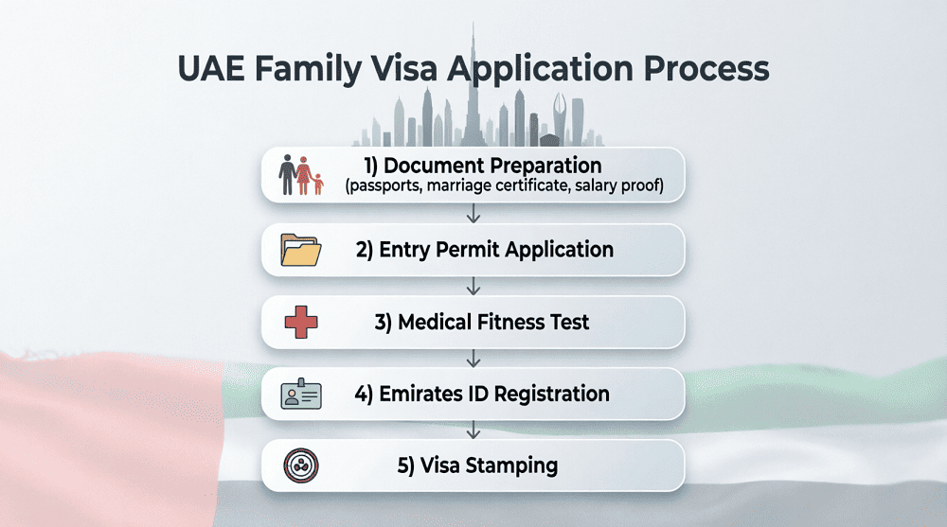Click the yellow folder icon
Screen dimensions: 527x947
301,251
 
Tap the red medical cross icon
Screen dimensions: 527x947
301,323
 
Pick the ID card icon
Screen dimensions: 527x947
301,394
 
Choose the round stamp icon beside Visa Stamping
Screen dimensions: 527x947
301,466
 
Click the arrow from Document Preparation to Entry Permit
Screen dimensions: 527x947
473,214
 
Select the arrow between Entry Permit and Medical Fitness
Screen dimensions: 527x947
473,286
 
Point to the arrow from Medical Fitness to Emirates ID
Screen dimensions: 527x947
473,358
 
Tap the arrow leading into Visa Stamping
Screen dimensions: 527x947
473,430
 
